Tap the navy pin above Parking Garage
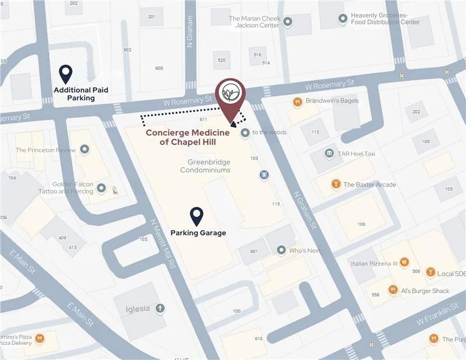197,216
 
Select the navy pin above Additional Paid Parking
66,73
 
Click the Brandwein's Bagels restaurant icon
297,101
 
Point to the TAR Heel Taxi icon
330,153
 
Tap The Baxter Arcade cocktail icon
336,185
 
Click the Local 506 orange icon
430,272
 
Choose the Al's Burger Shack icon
394,291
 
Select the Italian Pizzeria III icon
404,263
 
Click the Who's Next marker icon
282,250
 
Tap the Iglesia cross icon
160,308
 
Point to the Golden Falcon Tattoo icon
101,188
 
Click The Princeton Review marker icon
84,150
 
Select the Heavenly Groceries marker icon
343,19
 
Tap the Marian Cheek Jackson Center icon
288,22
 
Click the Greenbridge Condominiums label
205,166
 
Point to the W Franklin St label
437,318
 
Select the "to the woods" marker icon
245,132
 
